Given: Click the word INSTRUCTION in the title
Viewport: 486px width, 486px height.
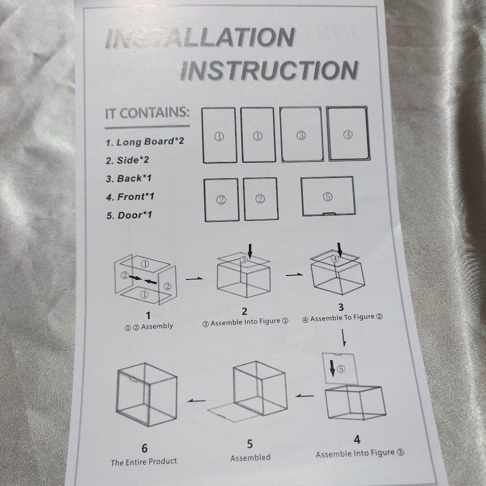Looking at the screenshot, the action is point(269,70).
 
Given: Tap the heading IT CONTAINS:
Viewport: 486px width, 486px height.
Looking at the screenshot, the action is point(147,113).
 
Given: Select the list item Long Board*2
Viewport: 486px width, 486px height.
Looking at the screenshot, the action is point(145,142).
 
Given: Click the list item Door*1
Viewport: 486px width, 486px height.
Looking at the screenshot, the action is point(129,215).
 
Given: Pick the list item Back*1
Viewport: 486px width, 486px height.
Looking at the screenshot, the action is point(129,179).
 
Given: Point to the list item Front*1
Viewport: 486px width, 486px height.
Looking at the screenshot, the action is point(130,197).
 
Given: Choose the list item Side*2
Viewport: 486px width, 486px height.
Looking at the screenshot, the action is point(127,160).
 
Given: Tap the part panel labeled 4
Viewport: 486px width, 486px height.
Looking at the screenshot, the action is point(348,134).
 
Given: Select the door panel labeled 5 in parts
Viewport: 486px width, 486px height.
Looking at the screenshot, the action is point(328,196).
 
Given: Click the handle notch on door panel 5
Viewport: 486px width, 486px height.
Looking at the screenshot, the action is point(328,213).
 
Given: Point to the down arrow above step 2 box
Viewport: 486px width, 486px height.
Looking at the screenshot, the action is point(250,251).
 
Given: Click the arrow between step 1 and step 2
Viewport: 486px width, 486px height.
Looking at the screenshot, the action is point(194,279).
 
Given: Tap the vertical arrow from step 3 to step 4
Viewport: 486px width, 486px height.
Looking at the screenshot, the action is point(343,338).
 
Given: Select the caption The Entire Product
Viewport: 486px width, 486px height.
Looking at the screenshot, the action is point(144,462).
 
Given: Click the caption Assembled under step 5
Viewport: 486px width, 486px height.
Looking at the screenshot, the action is point(251,458).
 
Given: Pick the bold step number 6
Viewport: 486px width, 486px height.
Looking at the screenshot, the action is point(144,448).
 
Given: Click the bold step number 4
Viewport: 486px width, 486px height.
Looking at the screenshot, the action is point(357,440).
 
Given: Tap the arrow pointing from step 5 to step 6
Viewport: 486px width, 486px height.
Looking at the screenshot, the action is point(196,401).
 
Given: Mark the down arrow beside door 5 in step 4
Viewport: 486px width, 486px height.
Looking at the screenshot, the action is point(332,368).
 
